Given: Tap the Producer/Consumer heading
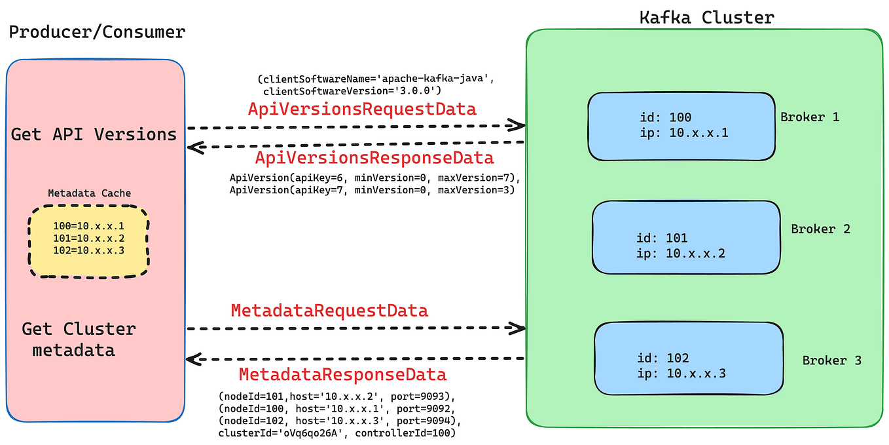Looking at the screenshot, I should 97,31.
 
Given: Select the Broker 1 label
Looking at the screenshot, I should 809,117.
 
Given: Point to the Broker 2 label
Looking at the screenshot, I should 820,229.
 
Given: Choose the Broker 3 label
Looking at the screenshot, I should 831,360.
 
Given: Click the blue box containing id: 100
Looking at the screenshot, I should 681,126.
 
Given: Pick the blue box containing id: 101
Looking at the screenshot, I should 686,237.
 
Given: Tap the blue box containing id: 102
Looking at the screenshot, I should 689,357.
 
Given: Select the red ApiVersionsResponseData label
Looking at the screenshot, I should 374,158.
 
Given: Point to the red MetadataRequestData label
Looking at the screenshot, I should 329,310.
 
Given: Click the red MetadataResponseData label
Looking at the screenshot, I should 342,375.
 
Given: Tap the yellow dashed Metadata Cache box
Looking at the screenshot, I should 88,241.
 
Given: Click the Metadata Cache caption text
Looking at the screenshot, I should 89,193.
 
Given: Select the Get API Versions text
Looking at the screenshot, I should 94,134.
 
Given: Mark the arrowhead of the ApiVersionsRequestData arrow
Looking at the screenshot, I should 518,125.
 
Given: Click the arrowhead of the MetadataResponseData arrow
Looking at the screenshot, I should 193,359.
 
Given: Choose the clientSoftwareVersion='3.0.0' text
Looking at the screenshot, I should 352,90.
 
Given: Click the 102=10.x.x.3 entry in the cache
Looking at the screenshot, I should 88,250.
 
